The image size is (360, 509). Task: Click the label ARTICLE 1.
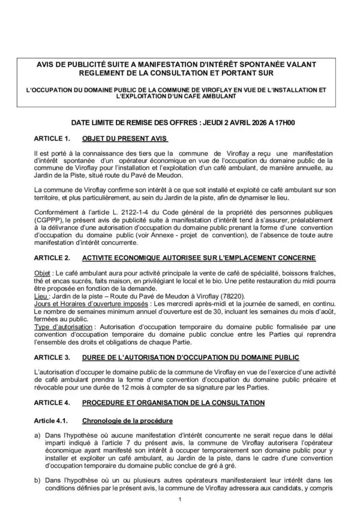pos(53,138)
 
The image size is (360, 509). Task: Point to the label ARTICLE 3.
pos(53,357)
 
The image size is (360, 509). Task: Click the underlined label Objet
pos(44,273)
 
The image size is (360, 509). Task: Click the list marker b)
pos(38,480)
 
